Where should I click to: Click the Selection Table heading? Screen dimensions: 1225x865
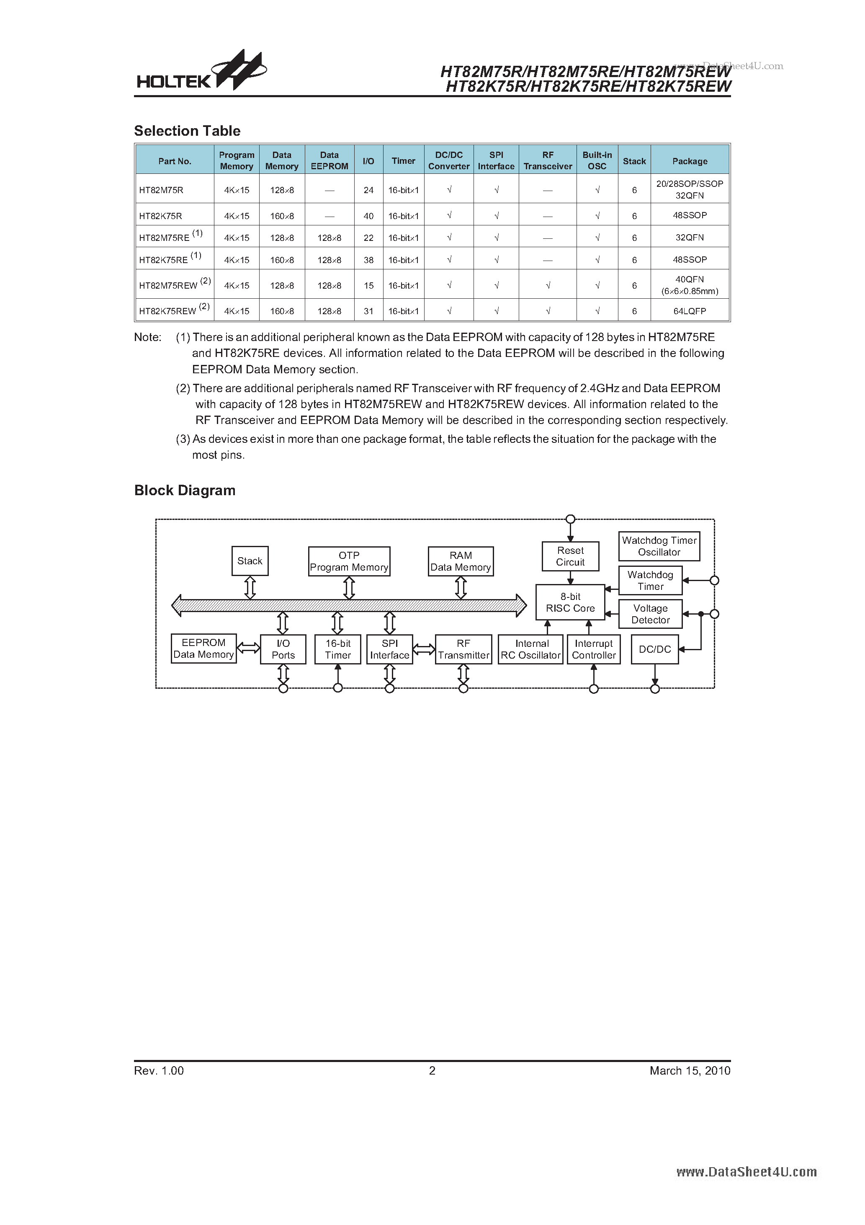pyautogui.click(x=187, y=131)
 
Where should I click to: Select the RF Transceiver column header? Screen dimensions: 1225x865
pyautogui.click(x=548, y=160)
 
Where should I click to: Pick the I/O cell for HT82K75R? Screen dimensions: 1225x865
pyautogui.click(x=368, y=216)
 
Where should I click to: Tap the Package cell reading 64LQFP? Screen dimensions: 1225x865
pyautogui.click(x=690, y=311)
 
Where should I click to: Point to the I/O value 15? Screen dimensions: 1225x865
pyautogui.click(x=368, y=285)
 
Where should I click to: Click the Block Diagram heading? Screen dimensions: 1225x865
pyautogui.click(x=185, y=490)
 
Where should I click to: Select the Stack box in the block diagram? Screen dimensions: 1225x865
pyautogui.click(x=250, y=561)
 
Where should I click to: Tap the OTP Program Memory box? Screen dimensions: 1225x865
pyautogui.click(x=349, y=561)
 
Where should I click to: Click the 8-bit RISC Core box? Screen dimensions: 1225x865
pyautogui.click(x=570, y=602)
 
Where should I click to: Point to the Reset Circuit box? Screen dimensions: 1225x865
pyautogui.click(x=570, y=556)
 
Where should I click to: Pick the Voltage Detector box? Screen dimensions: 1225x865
pyautogui.click(x=650, y=614)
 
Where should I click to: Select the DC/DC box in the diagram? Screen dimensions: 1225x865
pyautogui.click(x=654, y=649)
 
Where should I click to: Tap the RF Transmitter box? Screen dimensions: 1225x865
pyautogui.click(x=463, y=649)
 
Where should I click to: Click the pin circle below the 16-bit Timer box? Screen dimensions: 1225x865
pyautogui.click(x=337, y=688)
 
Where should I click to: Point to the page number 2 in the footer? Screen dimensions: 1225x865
pyautogui.click(x=432, y=1070)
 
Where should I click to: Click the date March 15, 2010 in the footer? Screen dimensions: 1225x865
pyautogui.click(x=690, y=1070)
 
